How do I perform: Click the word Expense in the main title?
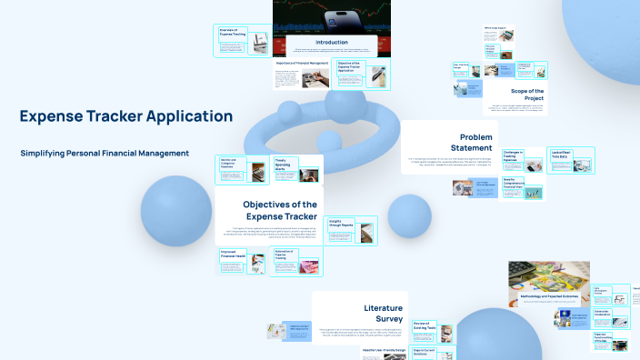coord(54,116)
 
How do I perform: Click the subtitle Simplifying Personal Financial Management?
coord(105,153)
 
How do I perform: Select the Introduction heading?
coord(325,42)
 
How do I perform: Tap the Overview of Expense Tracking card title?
coord(233,33)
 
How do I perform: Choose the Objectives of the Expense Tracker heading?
coord(280,211)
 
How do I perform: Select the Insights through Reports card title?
coord(341,224)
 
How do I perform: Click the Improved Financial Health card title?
coord(234,255)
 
